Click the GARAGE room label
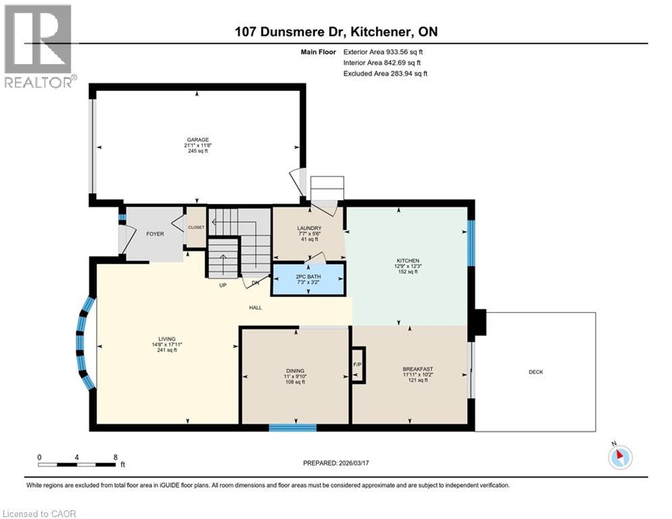197,140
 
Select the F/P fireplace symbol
357,365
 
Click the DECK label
536,372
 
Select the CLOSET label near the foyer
196,228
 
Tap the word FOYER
155,234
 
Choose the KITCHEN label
408,261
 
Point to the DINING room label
294,371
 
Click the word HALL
255,307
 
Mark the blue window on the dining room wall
292,427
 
